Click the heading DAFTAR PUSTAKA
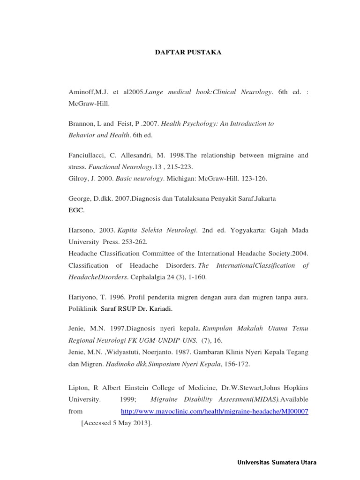188,52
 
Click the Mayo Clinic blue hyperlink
214,411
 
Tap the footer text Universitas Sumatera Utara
277,462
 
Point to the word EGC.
76,210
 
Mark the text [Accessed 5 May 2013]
116,423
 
